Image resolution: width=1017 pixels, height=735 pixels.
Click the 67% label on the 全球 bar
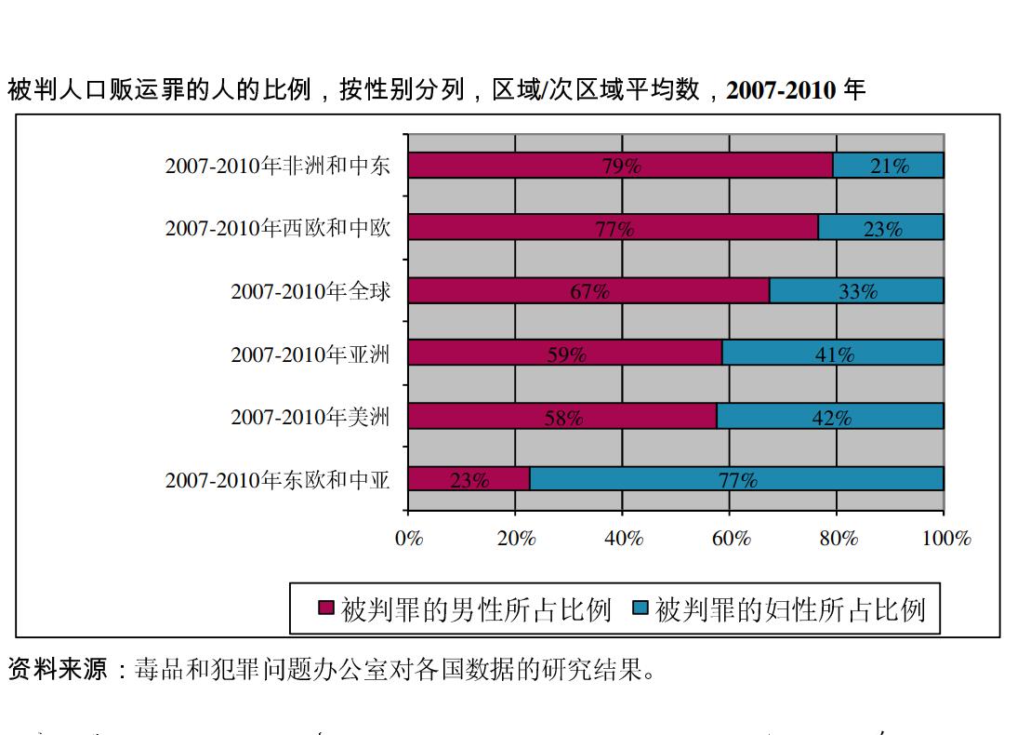click(589, 291)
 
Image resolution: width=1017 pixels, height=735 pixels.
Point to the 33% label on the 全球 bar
click(857, 291)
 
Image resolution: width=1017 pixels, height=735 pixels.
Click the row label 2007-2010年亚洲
click(310, 354)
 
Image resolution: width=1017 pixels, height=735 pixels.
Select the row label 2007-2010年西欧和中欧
click(278, 228)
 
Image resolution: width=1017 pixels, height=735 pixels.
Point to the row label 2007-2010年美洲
click(310, 417)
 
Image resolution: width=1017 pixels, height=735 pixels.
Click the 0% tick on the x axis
click(409, 539)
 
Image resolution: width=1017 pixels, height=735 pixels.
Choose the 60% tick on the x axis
click(731, 539)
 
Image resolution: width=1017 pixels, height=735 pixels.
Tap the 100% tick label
click(945, 539)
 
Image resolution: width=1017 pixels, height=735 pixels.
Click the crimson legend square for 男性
click(325, 608)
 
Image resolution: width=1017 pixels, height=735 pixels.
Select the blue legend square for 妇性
click(640, 608)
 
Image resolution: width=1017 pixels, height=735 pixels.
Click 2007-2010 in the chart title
click(781, 90)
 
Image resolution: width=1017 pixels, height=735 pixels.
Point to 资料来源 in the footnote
click(58, 669)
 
